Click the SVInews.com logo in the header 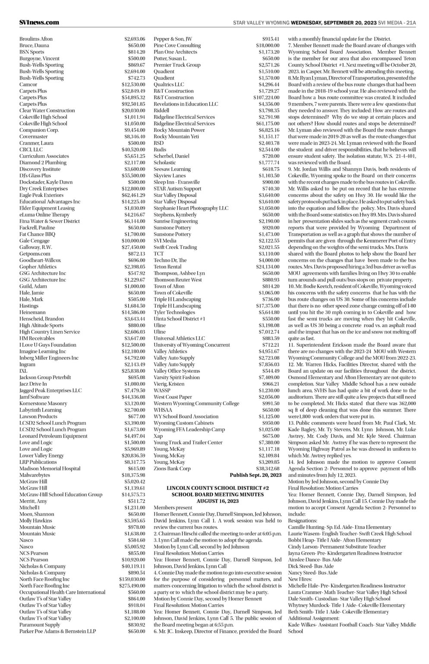[39, 22]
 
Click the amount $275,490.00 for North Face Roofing [132, 586]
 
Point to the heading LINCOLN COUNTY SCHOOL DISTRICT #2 [218, 488]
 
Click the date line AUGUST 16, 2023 [218, 501]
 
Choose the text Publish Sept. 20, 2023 [256, 475]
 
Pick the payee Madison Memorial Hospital [50, 468]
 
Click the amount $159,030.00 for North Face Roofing [132, 579]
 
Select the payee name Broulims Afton [36, 39]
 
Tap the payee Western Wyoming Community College [196, 403]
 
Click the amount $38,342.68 [268, 468]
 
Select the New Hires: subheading [300, 579]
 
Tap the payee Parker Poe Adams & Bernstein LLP [57, 631]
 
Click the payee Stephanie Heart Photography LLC [191, 208]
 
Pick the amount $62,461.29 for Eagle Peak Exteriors [133, 195]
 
